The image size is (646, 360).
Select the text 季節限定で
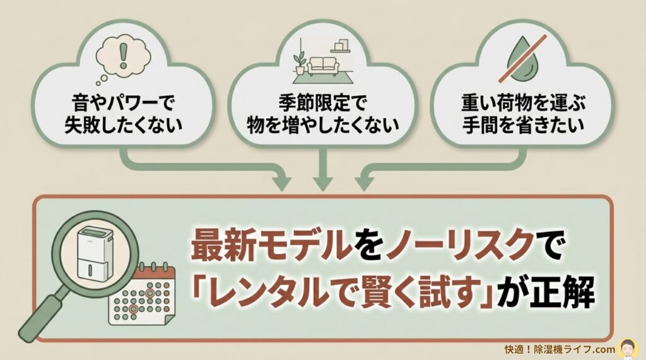click(x=322, y=101)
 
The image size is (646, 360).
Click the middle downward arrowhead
click(x=322, y=183)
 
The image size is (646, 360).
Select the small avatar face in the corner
click(x=629, y=347)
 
